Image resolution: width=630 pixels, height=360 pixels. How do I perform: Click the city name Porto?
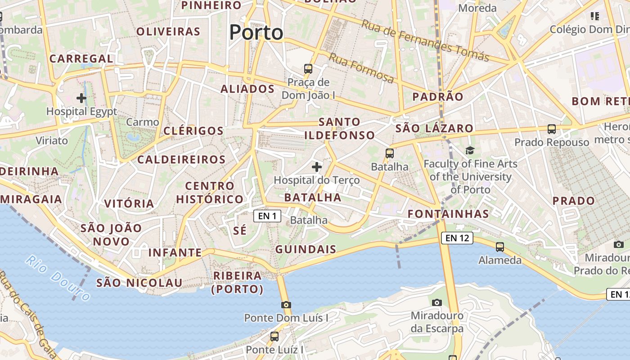(256, 32)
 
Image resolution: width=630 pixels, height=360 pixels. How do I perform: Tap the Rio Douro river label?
(58, 277)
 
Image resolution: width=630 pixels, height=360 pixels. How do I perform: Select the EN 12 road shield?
(457, 238)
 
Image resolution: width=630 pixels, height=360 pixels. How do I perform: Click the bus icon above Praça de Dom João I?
(308, 69)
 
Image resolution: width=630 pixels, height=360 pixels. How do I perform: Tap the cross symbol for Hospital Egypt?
(81, 98)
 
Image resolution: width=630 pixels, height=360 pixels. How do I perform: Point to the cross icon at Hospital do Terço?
(317, 167)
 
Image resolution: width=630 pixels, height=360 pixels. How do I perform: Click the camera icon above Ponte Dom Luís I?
(286, 305)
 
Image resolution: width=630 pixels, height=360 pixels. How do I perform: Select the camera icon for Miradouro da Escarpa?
(436, 302)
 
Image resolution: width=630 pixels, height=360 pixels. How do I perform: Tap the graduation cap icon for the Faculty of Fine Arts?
(470, 150)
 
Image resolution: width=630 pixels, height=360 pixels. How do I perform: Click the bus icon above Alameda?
(500, 247)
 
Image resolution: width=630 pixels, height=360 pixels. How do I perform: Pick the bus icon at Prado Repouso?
(552, 129)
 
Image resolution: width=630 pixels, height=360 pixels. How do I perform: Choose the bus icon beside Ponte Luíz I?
(274, 337)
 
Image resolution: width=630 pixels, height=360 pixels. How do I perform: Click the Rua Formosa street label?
(361, 68)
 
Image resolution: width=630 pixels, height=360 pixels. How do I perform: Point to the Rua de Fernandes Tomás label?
(425, 40)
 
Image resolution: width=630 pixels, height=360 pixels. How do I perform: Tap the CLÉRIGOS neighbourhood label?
(193, 131)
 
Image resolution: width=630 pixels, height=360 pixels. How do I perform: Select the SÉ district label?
(240, 231)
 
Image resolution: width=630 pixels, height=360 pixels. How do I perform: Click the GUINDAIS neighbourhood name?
(306, 249)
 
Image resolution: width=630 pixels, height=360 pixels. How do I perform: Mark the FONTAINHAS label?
(448, 214)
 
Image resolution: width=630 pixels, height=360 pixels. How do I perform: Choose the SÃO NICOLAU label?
(139, 283)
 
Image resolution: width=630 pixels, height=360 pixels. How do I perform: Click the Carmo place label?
(143, 122)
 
